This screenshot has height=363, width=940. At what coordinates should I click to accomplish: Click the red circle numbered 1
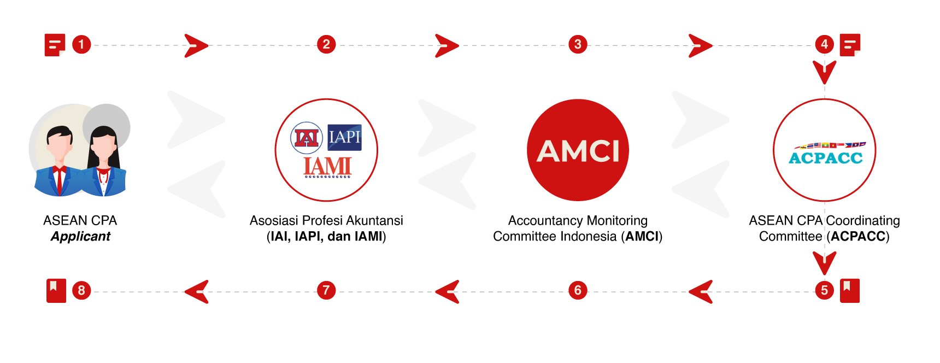click(x=81, y=44)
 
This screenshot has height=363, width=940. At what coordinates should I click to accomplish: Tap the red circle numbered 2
click(x=326, y=44)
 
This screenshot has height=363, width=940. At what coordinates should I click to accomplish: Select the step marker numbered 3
click(x=578, y=44)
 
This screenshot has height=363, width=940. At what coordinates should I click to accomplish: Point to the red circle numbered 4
click(x=824, y=44)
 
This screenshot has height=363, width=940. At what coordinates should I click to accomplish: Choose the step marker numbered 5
click(x=824, y=290)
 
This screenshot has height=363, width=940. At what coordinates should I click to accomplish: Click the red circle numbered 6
click(x=578, y=290)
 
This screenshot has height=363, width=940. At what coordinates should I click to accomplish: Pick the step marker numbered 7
click(x=326, y=290)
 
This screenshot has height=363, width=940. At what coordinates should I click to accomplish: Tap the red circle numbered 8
click(x=81, y=290)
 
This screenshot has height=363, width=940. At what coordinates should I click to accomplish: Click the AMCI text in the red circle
click(x=578, y=151)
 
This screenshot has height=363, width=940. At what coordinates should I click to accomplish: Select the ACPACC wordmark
click(x=825, y=159)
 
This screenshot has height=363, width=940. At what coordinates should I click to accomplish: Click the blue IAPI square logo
click(x=344, y=137)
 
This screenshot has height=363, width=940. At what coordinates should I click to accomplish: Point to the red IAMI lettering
click(x=327, y=166)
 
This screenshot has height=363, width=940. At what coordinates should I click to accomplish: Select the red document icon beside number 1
click(x=55, y=45)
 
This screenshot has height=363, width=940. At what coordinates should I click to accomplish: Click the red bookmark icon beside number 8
click(x=56, y=290)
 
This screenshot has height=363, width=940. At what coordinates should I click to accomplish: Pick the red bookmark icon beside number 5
click(x=849, y=290)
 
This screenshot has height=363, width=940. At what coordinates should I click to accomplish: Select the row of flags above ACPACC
click(x=830, y=145)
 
